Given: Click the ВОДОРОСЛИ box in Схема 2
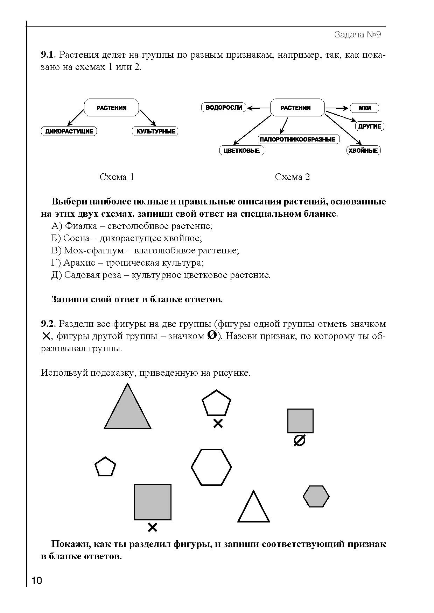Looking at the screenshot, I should tap(224, 108).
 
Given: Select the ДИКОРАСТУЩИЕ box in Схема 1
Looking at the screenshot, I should tap(69, 131).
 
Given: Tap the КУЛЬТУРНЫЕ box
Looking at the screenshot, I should tap(155, 131).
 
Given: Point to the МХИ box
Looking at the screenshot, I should tap(364, 108).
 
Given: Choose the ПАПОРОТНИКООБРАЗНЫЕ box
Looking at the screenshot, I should tap(297, 139).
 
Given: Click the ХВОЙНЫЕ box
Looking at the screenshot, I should tap(363, 151).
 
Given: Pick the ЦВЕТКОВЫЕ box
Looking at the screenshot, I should tap(241, 151).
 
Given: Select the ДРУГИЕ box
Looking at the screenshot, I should tap(370, 126).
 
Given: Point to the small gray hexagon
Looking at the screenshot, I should tap(316, 496).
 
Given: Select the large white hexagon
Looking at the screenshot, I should tap(211, 467).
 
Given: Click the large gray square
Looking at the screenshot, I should tap(153, 502).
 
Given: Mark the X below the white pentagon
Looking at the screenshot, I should tap(218, 424).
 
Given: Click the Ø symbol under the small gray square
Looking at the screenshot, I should tap(299, 441).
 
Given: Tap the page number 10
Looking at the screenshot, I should tap(36, 581).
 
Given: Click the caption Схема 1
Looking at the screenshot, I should tap(117, 177).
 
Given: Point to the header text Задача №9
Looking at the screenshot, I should tap(357, 35).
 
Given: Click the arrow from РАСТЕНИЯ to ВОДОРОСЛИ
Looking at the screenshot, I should tap(258, 108).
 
